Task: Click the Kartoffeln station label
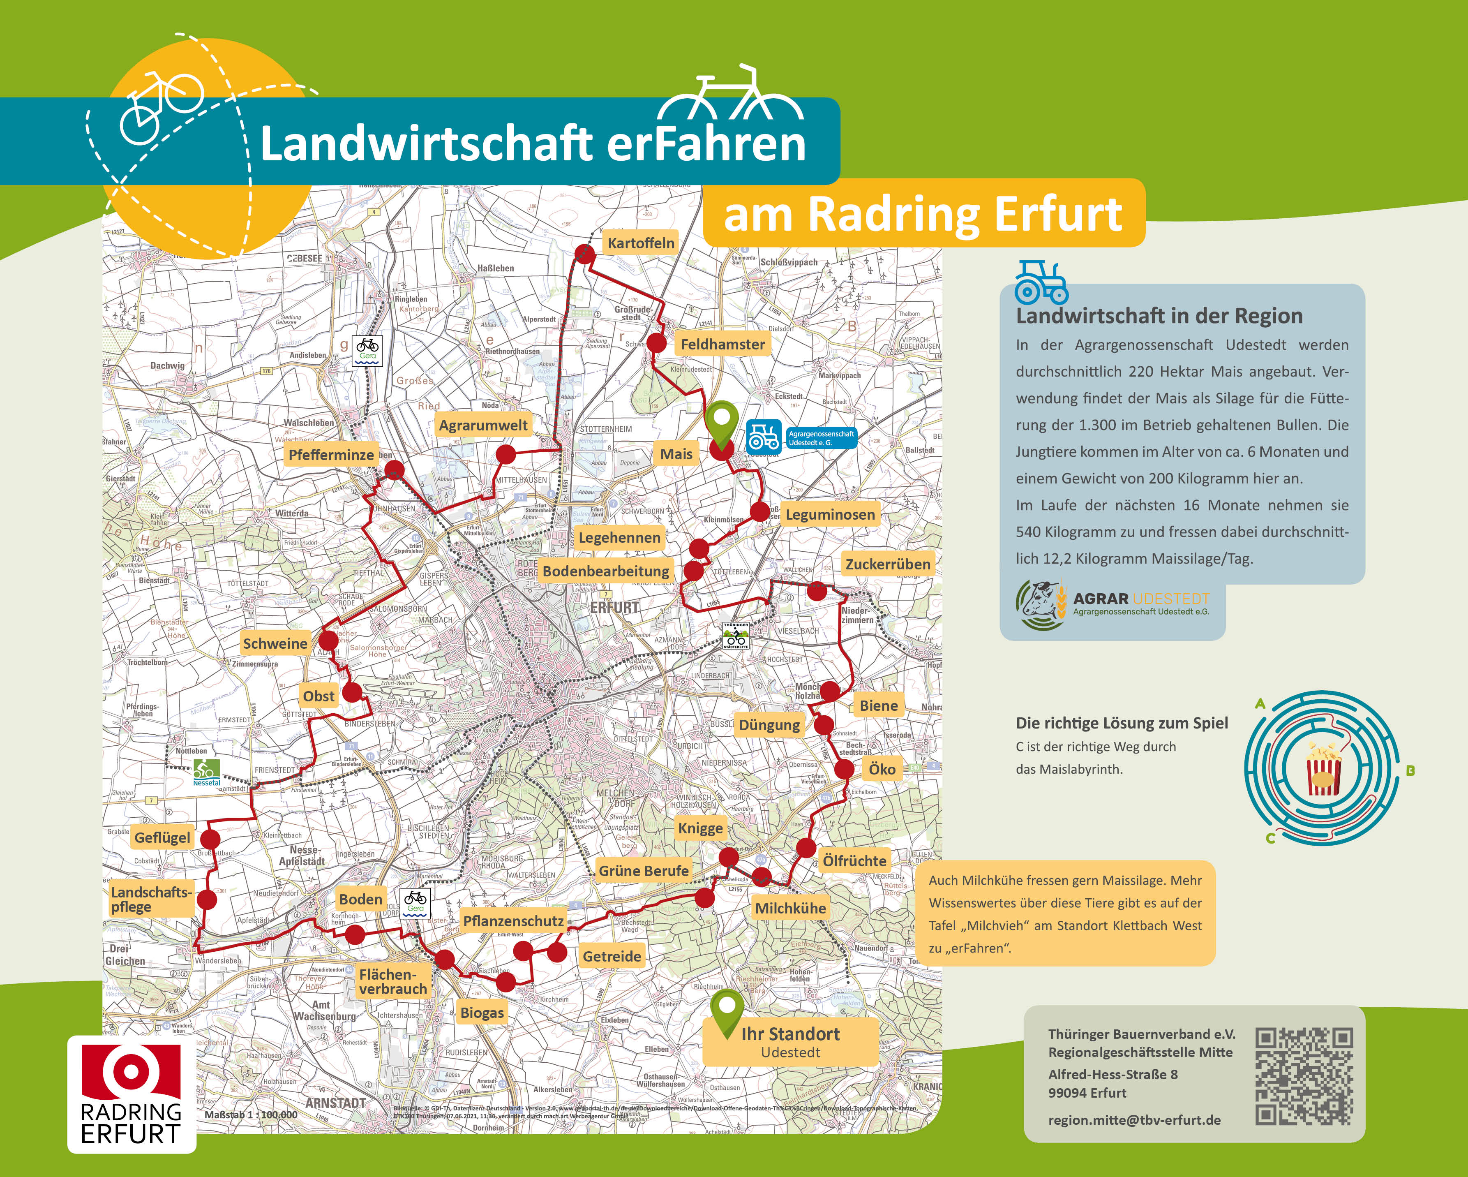click(x=641, y=243)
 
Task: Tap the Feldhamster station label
click(x=722, y=344)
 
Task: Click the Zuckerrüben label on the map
click(x=887, y=564)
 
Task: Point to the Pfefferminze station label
click(x=331, y=454)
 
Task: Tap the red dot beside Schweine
click(x=328, y=640)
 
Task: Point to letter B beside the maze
click(x=1410, y=771)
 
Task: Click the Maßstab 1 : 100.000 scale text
click(x=251, y=1115)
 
